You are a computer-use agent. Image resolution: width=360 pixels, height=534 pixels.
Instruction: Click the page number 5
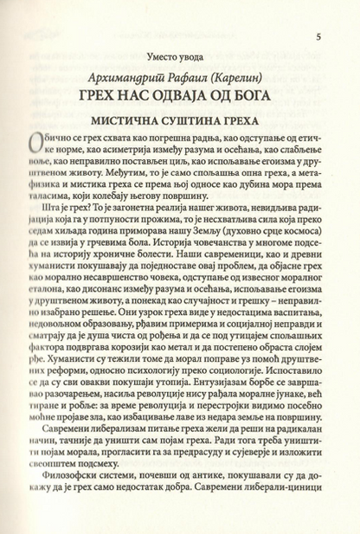pyautogui.click(x=319, y=37)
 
